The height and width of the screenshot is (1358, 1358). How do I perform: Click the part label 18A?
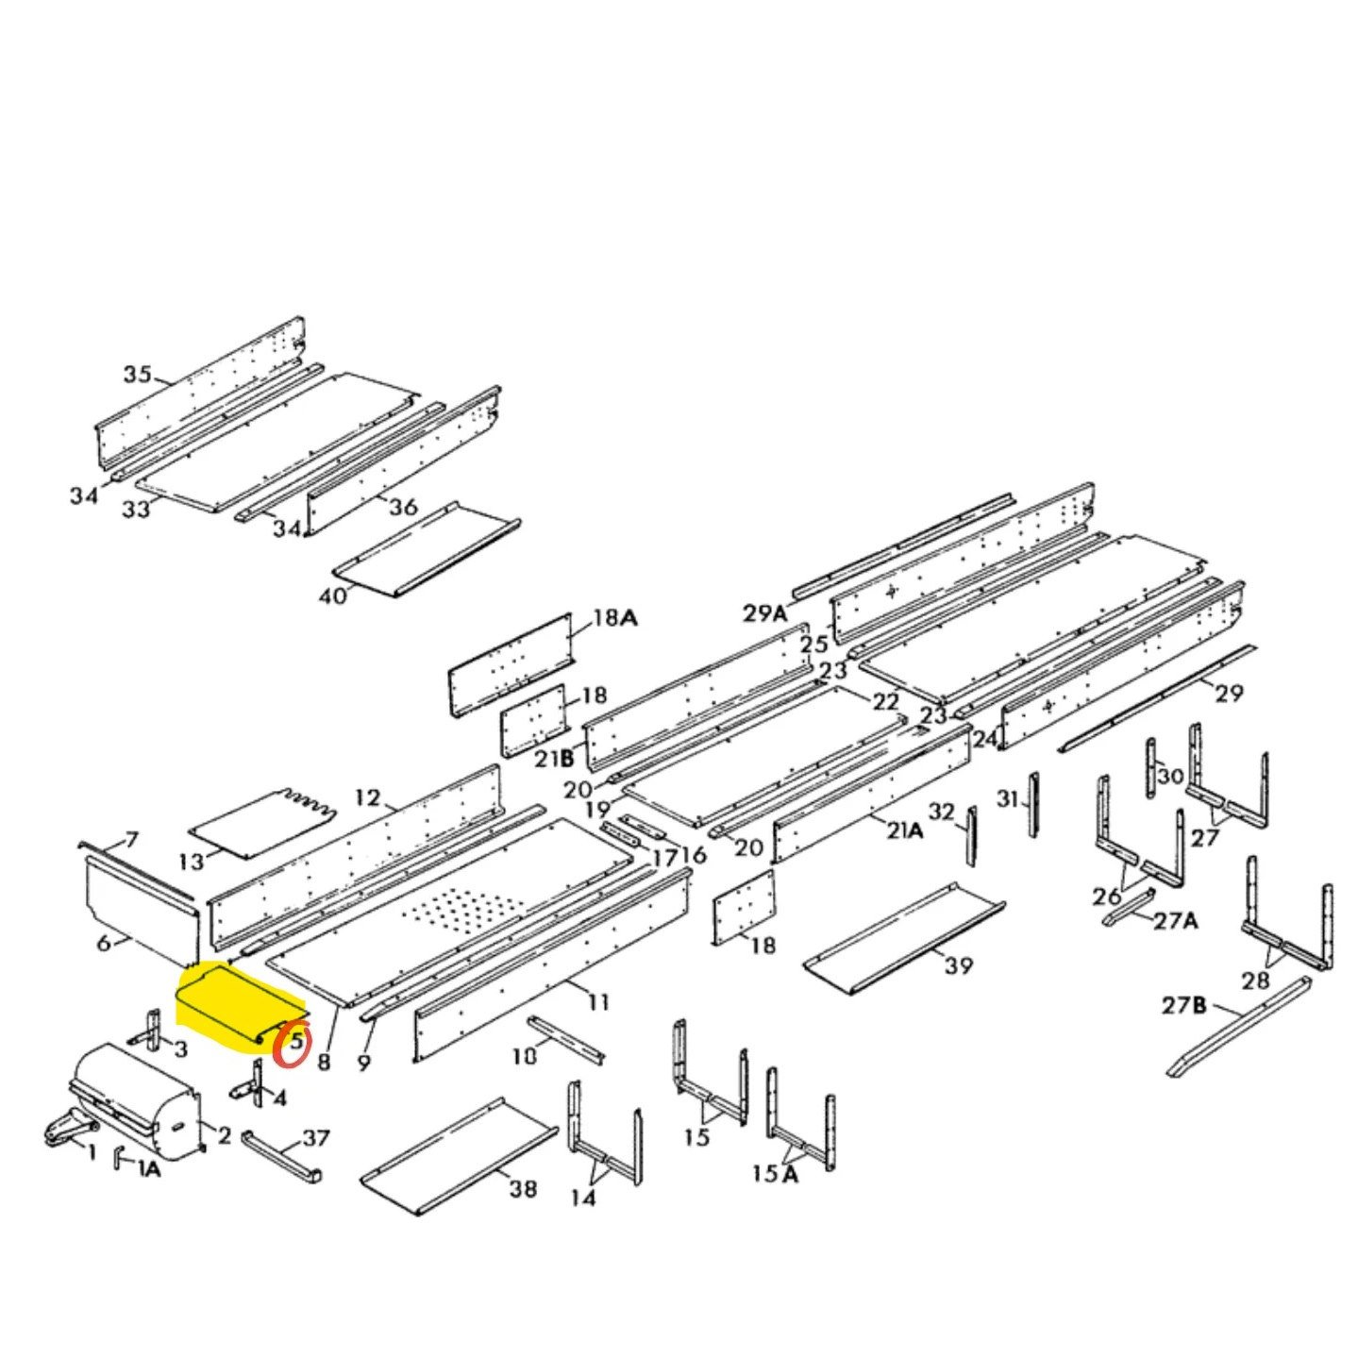pyautogui.click(x=614, y=619)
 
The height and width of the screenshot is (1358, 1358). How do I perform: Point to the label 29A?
pyautogui.click(x=764, y=613)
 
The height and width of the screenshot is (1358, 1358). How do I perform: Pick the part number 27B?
pyautogui.click(x=1183, y=1005)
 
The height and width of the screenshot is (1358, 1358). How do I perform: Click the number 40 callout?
pyautogui.click(x=333, y=595)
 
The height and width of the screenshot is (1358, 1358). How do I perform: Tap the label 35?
pyautogui.click(x=137, y=374)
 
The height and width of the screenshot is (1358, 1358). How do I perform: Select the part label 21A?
pyautogui.click(x=903, y=830)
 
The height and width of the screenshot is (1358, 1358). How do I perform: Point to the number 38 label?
pyautogui.click(x=523, y=1188)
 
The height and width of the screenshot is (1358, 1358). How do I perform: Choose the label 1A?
pyautogui.click(x=149, y=1170)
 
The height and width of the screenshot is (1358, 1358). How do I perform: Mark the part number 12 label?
pyautogui.click(x=367, y=798)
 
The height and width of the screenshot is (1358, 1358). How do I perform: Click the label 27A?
pyautogui.click(x=1175, y=919)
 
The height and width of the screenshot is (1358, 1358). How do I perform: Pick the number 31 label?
pyautogui.click(x=1008, y=799)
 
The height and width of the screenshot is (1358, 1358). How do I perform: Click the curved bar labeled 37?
pyautogui.click(x=281, y=1156)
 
